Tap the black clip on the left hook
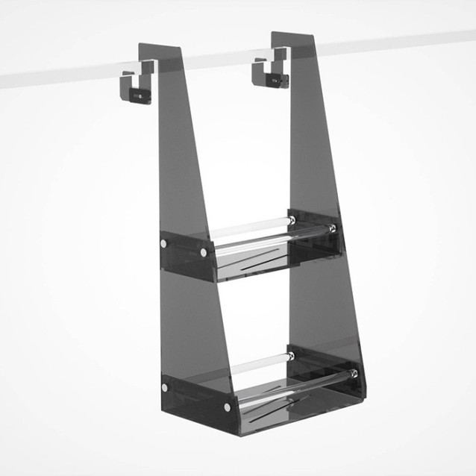(x=137, y=94)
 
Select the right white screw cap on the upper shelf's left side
(x=204, y=253)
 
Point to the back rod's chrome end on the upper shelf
(x=292, y=220)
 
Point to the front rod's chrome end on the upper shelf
(x=332, y=228)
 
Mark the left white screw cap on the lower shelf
(x=165, y=387)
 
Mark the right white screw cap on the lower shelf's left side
(x=227, y=407)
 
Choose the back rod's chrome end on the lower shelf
(x=291, y=356)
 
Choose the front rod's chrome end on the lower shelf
(x=353, y=374)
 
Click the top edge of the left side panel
(x=160, y=47)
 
